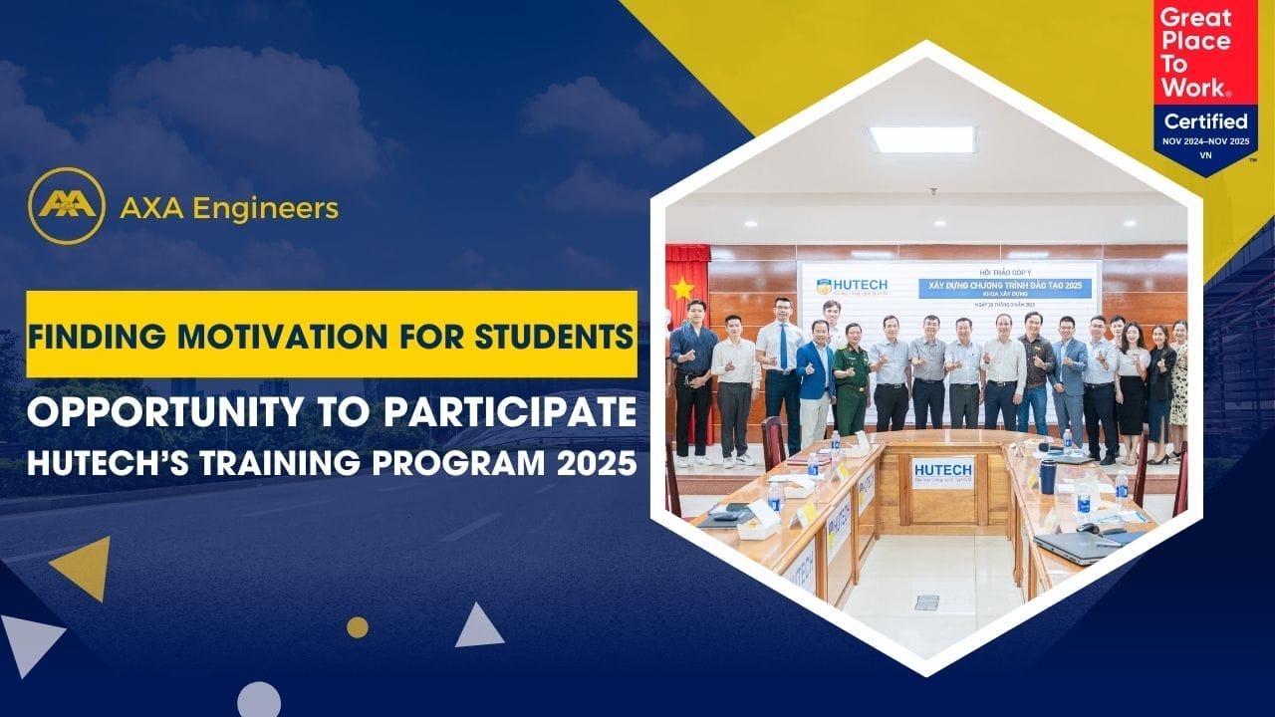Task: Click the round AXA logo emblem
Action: click(x=67, y=206)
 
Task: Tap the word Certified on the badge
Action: click(x=1205, y=121)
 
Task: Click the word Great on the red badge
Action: click(x=1196, y=18)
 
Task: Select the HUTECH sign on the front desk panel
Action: click(x=941, y=471)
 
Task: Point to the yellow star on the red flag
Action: click(x=682, y=289)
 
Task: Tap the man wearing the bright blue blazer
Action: click(x=815, y=378)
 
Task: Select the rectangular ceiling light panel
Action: click(x=921, y=139)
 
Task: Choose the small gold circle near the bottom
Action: click(x=358, y=627)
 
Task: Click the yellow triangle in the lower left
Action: click(x=84, y=566)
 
